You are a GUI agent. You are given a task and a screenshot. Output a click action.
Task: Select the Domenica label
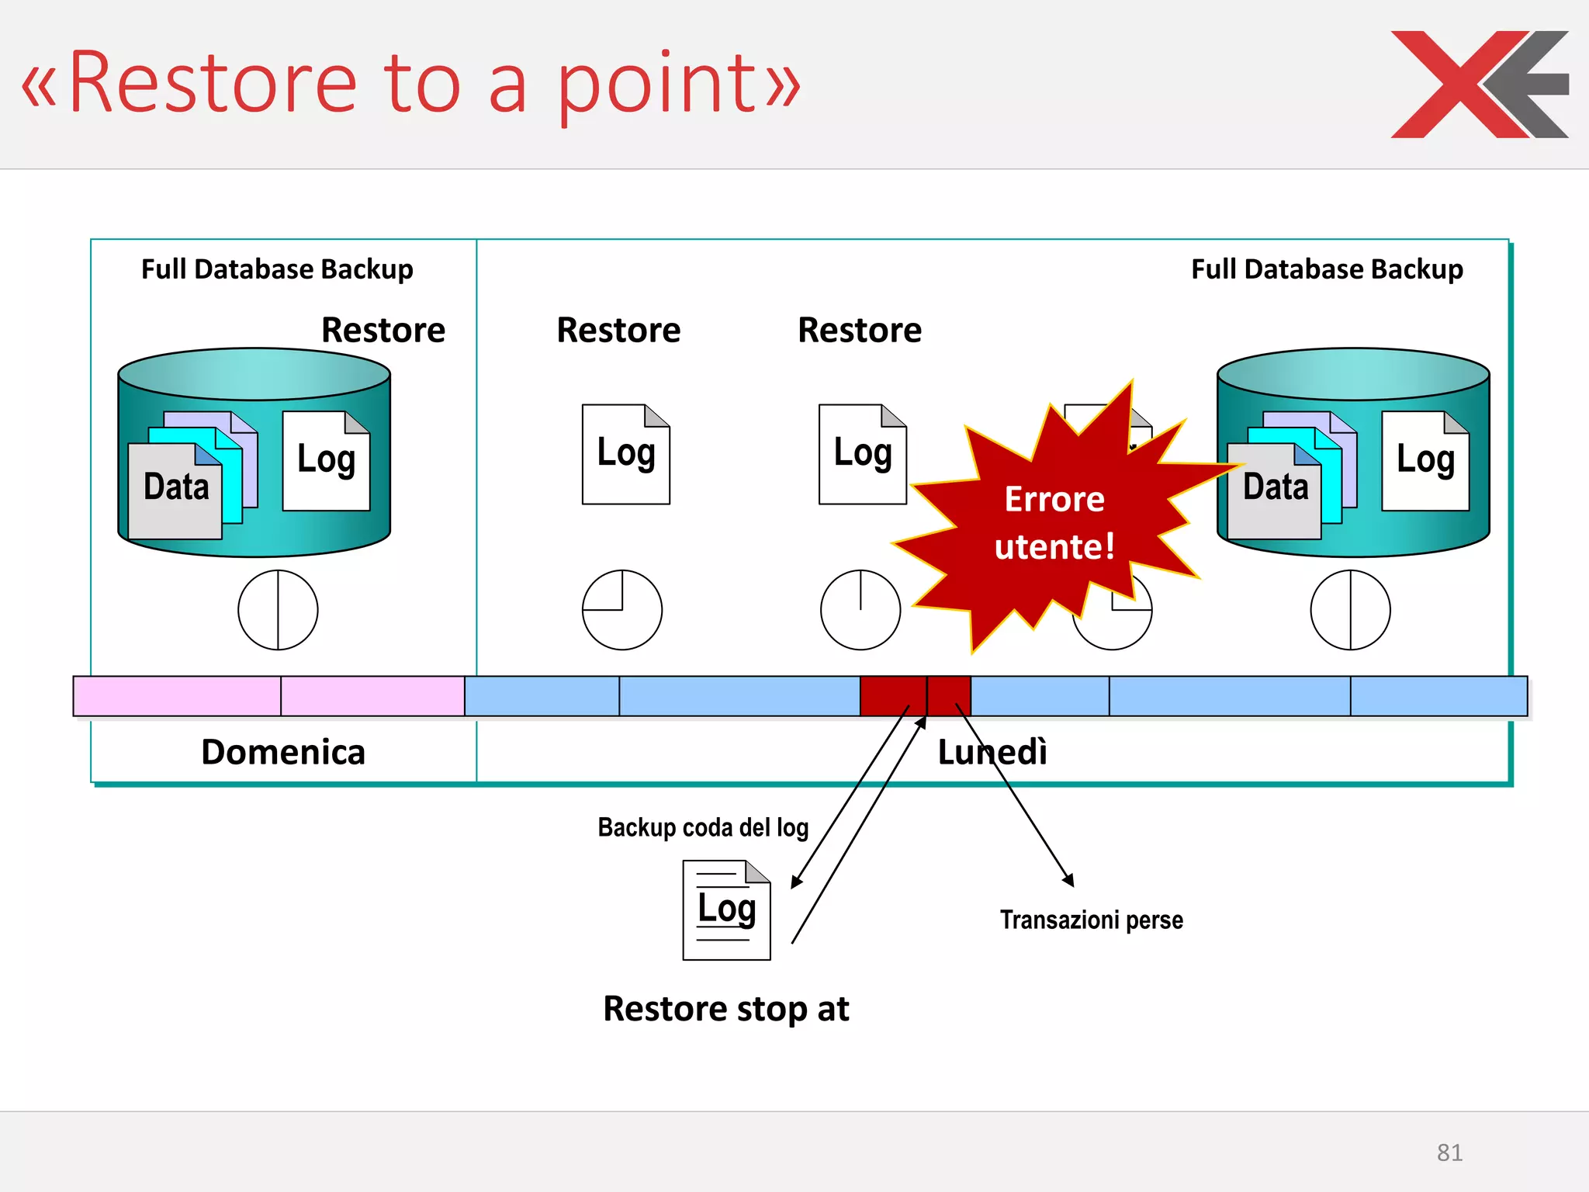click(283, 752)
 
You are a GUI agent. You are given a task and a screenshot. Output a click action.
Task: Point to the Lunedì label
click(992, 752)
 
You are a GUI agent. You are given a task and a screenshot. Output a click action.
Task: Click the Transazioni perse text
click(1091, 920)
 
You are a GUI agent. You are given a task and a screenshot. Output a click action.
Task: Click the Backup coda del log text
click(703, 827)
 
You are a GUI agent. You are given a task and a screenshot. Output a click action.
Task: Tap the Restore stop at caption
click(726, 1009)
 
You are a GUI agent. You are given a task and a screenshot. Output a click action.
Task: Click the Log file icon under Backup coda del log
click(726, 910)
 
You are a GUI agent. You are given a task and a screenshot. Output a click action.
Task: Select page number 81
click(1449, 1152)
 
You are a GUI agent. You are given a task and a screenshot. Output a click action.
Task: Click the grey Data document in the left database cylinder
click(175, 491)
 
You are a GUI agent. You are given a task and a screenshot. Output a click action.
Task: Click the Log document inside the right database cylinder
click(1425, 461)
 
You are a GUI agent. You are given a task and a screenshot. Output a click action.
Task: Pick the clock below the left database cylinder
click(278, 610)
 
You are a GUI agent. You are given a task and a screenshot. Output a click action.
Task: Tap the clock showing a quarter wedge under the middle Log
click(622, 610)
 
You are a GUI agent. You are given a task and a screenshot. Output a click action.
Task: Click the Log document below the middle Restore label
click(626, 454)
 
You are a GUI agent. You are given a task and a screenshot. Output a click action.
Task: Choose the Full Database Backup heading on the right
click(1327, 269)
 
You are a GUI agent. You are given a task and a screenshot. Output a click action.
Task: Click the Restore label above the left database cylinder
click(383, 330)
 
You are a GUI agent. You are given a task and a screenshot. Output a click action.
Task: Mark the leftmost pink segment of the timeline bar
click(177, 696)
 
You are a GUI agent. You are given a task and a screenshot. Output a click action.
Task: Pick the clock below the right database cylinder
click(1350, 610)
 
